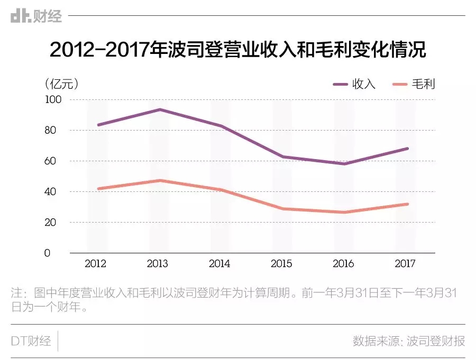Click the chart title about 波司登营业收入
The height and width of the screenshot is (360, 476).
237,51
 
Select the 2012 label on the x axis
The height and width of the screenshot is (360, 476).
95,263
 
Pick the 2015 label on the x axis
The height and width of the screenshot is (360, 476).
281,263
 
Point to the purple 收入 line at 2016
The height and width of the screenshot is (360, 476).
344,163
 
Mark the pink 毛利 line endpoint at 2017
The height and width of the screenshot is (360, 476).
407,204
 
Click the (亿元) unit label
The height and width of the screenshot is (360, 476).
62,84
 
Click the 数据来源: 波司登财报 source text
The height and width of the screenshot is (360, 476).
408,341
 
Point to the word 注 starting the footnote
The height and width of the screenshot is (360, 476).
17,292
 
